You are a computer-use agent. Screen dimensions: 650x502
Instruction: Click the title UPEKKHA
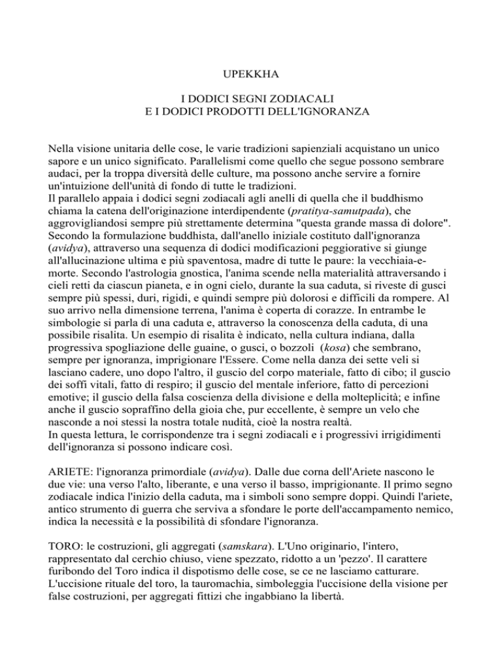[x=250, y=76]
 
